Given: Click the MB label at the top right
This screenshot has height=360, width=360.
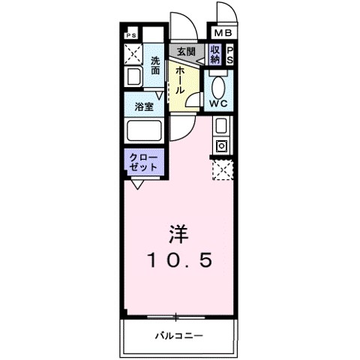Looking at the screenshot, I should click(223, 32).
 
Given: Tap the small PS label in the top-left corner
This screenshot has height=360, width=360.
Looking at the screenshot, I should click(130, 34).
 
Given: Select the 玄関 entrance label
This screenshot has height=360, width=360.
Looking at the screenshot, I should click(185, 52).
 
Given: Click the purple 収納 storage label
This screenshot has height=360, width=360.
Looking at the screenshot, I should click(215, 54).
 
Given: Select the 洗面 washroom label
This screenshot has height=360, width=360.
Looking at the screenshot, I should click(154, 66).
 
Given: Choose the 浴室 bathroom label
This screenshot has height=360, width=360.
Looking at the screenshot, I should click(144, 107).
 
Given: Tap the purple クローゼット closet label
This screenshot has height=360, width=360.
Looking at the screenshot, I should click(142, 162).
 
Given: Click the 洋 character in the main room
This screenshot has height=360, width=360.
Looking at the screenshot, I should click(178, 234).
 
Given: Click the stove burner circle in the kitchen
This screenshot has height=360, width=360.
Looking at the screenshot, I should click(223, 145).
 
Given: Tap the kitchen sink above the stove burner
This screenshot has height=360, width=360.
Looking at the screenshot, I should click(223, 125).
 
